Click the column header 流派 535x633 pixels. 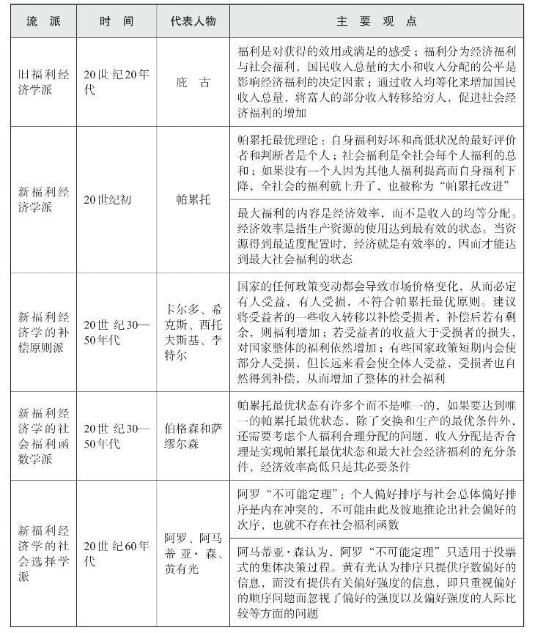tap(43, 21)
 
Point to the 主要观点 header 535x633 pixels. tap(380, 21)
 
